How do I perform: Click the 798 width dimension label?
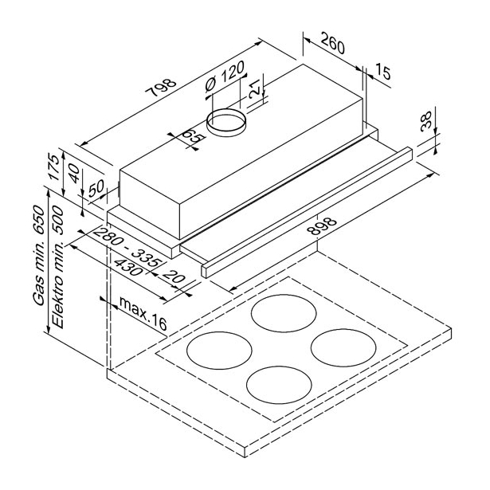point(161,88)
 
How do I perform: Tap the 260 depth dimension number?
point(332,43)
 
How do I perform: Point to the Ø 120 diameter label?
point(224,76)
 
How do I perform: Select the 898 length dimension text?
point(322,225)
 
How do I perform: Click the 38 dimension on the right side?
point(426,121)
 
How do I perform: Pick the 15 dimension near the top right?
point(382,71)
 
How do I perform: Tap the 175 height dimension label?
point(53,167)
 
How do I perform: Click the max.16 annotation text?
point(143,314)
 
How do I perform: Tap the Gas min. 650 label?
point(39,255)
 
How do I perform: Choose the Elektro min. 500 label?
point(57,267)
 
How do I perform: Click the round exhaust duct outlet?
point(226,122)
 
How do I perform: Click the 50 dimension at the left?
point(96,189)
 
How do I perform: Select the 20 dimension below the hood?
point(174,276)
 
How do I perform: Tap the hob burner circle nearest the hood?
point(284,313)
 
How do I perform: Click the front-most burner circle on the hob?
point(279,386)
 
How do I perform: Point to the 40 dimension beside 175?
point(75,174)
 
